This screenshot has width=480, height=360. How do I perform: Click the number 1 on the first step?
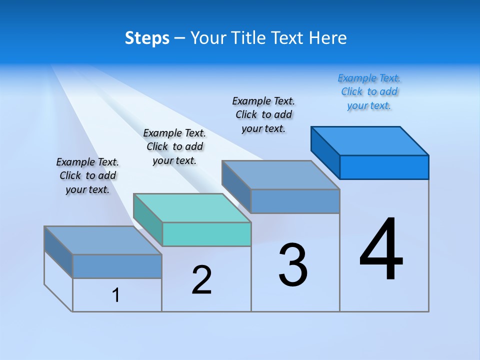(x=116, y=295)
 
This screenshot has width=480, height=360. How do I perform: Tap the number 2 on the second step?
(x=201, y=280)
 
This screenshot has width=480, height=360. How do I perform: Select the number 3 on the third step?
(x=293, y=265)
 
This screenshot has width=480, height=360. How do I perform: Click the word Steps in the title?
(x=147, y=38)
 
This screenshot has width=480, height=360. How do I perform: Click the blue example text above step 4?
(x=369, y=92)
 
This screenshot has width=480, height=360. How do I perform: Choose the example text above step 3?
(x=263, y=114)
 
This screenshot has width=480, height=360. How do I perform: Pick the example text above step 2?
(x=174, y=146)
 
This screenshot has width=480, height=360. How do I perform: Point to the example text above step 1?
(x=87, y=175)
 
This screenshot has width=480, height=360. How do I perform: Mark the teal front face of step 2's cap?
(x=206, y=234)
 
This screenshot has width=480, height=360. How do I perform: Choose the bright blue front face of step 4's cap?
(x=384, y=167)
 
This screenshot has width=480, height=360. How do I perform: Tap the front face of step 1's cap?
(x=117, y=266)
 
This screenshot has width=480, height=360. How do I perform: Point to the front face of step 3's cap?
(x=295, y=201)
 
